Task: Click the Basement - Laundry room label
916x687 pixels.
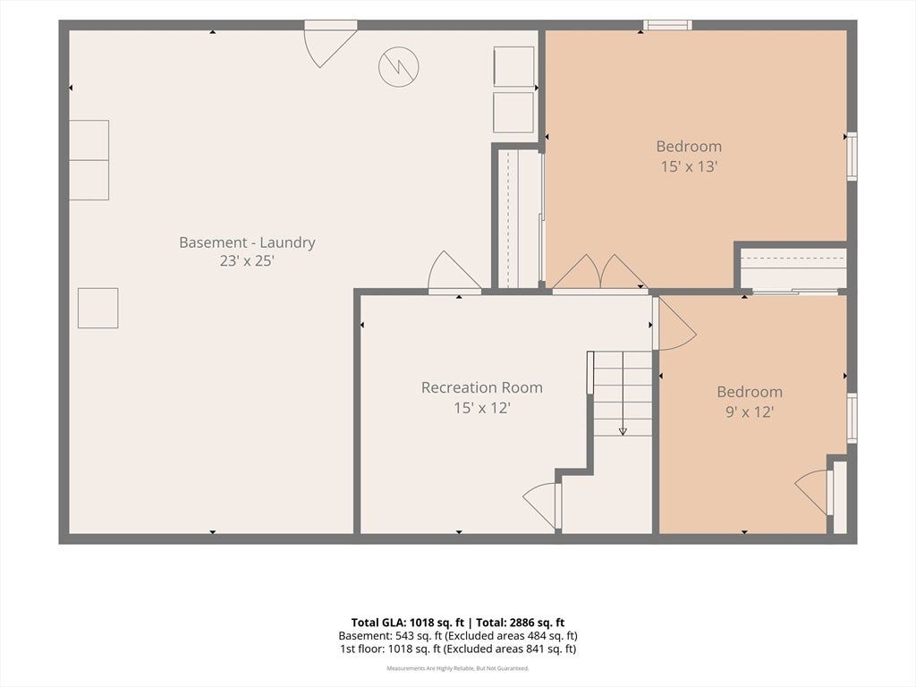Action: [247, 242]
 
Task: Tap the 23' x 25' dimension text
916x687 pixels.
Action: [247, 260]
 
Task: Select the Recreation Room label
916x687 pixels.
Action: [482, 387]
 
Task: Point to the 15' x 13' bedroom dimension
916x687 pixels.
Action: [689, 166]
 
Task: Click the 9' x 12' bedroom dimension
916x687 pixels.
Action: [750, 411]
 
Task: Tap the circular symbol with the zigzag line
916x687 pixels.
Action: [399, 66]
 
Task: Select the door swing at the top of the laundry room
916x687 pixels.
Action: [331, 45]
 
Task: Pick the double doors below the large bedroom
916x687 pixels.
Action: [600, 272]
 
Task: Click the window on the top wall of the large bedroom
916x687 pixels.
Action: [667, 25]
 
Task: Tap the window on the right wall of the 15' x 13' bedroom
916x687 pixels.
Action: [852, 156]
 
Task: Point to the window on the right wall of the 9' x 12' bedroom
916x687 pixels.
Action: [852, 419]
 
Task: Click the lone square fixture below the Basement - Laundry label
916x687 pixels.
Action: [98, 308]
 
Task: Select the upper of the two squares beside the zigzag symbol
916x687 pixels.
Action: [514, 66]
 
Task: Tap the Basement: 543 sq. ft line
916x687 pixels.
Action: [458, 636]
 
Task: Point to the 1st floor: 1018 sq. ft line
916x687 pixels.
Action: [458, 649]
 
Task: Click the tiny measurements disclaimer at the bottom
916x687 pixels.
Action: [458, 667]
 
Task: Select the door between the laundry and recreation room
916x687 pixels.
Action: [455, 274]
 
